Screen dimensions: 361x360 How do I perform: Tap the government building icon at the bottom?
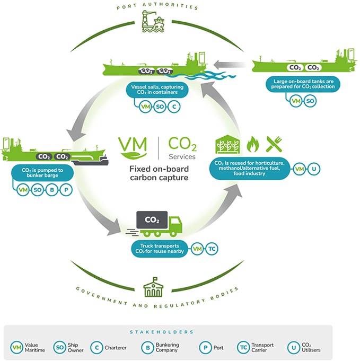pyautogui.click(x=154, y=285)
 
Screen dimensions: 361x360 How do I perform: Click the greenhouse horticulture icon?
pyautogui.click(x=224, y=144)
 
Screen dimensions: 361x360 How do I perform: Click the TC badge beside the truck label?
pyautogui.click(x=211, y=249)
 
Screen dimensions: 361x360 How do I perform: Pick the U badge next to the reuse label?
pyautogui.click(x=314, y=169)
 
